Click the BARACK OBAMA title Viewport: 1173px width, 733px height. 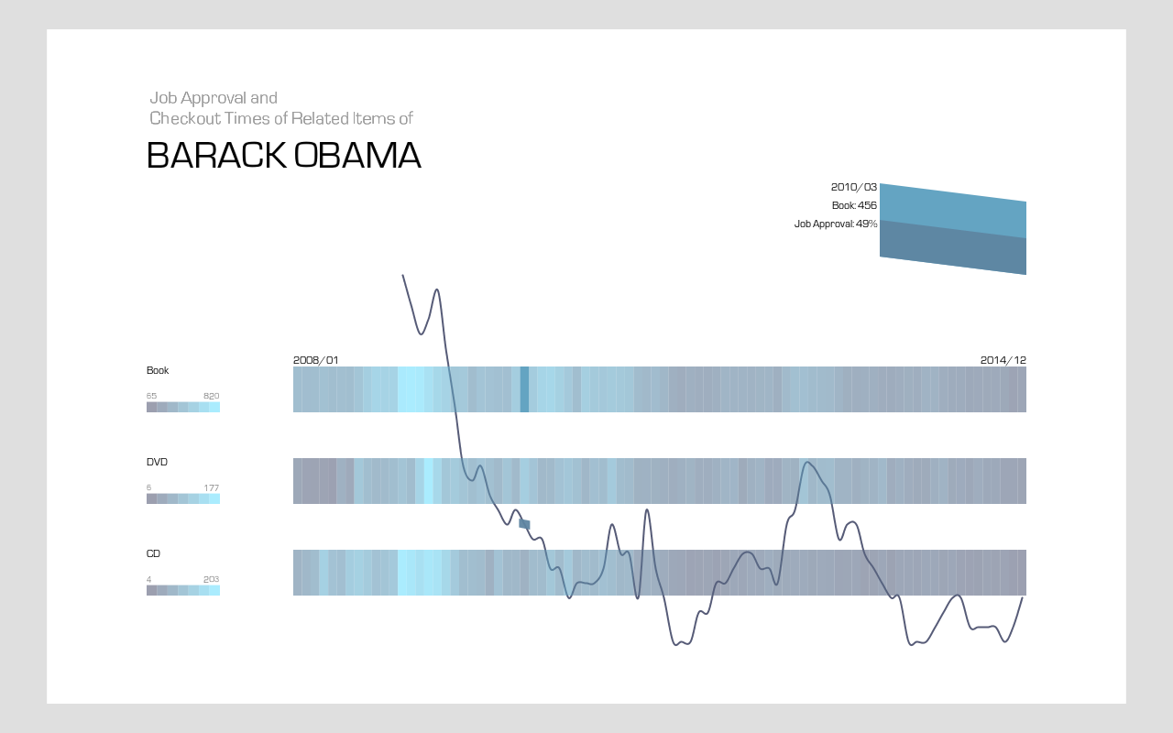coord(284,156)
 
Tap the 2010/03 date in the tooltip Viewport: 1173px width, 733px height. coord(853,187)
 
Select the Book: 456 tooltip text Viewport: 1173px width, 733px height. coord(854,205)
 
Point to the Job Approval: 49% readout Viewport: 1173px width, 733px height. coord(836,224)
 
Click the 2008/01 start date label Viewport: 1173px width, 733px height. coord(316,360)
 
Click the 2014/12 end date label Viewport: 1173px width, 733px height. coord(1003,360)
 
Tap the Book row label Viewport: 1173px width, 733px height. coord(158,370)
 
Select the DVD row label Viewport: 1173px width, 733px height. coord(157,462)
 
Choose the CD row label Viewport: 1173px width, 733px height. coord(153,553)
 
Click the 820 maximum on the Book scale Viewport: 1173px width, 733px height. coord(211,396)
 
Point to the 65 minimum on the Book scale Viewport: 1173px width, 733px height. coord(151,396)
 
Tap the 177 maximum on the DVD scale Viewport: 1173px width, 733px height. coord(211,487)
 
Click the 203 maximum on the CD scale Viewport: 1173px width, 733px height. coord(211,579)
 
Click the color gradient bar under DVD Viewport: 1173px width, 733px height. coord(182,498)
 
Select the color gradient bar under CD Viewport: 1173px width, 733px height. coord(182,590)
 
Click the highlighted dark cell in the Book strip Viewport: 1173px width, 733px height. coord(524,389)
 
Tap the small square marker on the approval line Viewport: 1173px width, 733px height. coord(524,524)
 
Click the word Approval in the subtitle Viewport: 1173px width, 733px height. coord(214,98)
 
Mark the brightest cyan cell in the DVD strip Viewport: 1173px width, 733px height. coord(428,481)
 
